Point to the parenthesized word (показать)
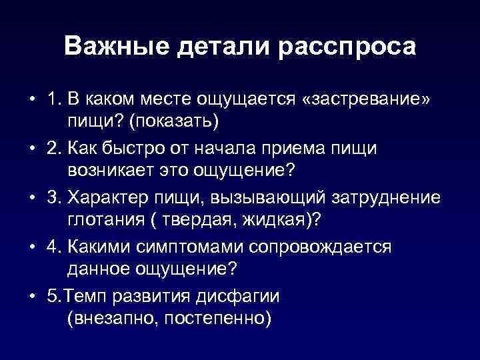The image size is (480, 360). point(173,122)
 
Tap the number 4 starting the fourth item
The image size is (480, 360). point(53,247)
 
